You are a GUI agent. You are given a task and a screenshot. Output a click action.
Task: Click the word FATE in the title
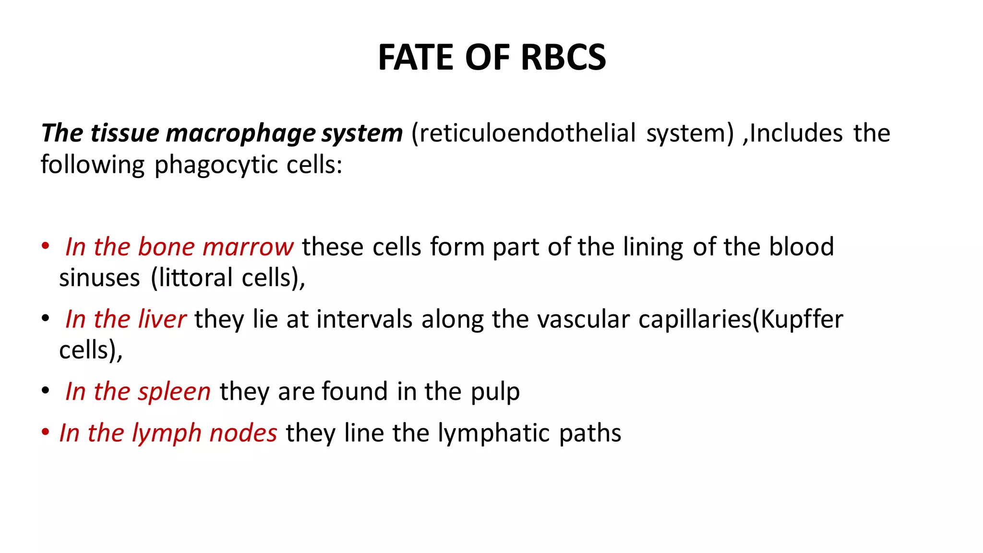click(416, 58)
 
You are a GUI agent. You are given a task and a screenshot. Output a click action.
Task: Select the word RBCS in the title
click(563, 58)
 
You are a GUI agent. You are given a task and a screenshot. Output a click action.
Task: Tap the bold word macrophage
click(240, 133)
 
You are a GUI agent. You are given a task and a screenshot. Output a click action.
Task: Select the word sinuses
click(99, 278)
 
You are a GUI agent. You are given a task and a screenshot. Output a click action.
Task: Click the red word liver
click(162, 319)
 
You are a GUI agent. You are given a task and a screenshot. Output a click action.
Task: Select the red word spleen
click(174, 392)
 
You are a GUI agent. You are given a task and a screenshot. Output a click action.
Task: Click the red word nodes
click(243, 433)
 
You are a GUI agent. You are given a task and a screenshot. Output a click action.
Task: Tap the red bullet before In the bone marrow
click(46, 246)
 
